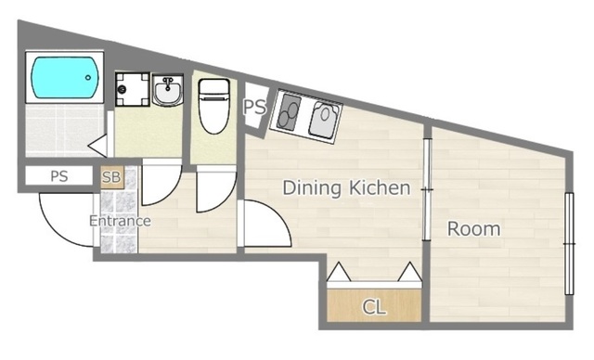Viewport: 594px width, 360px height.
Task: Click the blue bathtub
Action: click(x=65, y=77)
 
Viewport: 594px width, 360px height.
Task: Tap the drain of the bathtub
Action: click(x=88, y=78)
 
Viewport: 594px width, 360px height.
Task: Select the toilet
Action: click(x=214, y=106)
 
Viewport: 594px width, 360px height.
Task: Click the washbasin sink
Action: click(x=167, y=90)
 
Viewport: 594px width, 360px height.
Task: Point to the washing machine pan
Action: click(x=132, y=89)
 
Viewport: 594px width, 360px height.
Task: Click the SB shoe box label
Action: click(x=111, y=177)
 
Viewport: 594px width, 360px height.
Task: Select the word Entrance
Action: click(x=120, y=221)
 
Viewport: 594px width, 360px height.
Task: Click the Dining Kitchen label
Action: click(x=346, y=188)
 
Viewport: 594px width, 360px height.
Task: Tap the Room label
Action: click(x=473, y=229)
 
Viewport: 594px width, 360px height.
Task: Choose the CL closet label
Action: click(x=374, y=307)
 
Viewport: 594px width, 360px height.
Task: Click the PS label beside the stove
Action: click(x=254, y=107)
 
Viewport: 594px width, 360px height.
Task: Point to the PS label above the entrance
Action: click(x=59, y=176)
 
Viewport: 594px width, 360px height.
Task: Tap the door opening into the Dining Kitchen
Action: click(x=265, y=224)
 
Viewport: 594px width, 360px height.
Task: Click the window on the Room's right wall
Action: click(x=569, y=244)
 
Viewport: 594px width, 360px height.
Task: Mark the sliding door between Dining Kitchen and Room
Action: click(x=427, y=189)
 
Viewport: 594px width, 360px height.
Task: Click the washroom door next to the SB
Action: click(x=161, y=183)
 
